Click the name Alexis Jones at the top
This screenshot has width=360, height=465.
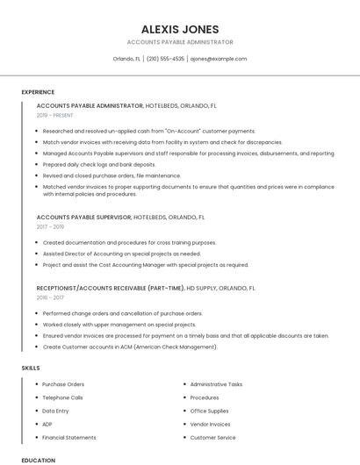click(x=180, y=29)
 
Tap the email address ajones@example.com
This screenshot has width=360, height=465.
click(x=219, y=59)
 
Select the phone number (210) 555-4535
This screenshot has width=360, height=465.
click(x=165, y=59)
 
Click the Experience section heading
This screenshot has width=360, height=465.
click(x=38, y=92)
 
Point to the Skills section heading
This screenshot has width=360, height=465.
click(x=31, y=368)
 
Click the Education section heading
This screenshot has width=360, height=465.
click(x=38, y=460)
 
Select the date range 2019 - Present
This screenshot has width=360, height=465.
click(x=55, y=115)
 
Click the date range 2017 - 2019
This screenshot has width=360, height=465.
click(x=50, y=226)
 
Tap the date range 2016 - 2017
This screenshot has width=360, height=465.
click(x=50, y=297)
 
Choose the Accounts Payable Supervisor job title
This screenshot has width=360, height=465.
click(x=84, y=217)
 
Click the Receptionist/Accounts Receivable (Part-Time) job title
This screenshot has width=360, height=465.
click(x=111, y=288)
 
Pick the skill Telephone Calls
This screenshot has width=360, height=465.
click(x=63, y=397)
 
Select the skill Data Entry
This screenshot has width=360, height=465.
click(x=55, y=411)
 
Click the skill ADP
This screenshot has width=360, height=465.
click(x=47, y=424)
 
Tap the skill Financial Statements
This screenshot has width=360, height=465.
click(x=69, y=437)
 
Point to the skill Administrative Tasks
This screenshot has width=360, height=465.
click(x=216, y=384)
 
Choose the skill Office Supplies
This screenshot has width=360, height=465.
click(x=209, y=411)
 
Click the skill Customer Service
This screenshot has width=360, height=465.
click(x=212, y=437)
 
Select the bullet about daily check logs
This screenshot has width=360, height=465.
click(x=99, y=164)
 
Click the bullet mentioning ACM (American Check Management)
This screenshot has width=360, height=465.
click(x=130, y=347)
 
